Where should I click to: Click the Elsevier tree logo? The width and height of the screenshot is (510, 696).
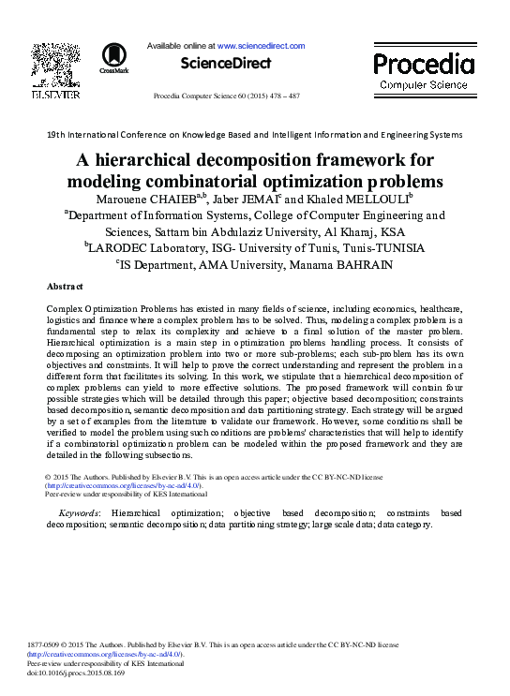(x=56, y=66)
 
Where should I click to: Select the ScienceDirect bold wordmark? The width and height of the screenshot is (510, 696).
(x=225, y=64)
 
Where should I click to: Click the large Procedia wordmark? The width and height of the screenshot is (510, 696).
(x=424, y=64)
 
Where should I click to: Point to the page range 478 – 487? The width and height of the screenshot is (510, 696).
(x=280, y=96)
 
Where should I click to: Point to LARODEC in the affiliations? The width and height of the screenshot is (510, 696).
(x=119, y=248)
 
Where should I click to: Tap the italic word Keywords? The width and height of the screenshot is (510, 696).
(x=79, y=513)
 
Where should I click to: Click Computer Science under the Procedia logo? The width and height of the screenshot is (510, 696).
(x=424, y=85)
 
